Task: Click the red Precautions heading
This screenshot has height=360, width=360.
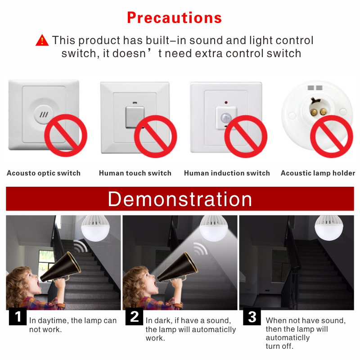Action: [x=174, y=18]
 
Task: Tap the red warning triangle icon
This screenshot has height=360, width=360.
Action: [x=42, y=40]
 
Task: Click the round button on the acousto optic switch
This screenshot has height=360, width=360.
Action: [x=44, y=114]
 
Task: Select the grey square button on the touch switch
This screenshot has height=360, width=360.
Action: [x=135, y=117]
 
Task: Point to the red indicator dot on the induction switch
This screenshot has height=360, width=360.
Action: [x=226, y=103]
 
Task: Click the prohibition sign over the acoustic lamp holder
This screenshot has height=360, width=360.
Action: [x=332, y=136]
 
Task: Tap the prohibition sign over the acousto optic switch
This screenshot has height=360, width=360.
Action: [x=66, y=135]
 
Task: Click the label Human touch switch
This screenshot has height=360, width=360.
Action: [x=135, y=173]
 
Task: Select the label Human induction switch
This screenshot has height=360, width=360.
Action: [x=227, y=173]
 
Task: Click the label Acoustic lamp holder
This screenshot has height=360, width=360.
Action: [x=318, y=173]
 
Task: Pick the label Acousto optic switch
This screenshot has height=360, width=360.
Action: [x=44, y=173]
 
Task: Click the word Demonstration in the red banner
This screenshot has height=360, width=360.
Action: [x=180, y=199]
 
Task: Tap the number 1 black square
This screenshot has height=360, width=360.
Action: [x=18, y=317]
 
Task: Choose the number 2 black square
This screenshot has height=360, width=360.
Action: [x=134, y=317]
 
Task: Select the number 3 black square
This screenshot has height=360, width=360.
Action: [x=252, y=317]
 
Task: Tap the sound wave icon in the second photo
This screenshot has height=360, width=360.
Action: [x=201, y=248]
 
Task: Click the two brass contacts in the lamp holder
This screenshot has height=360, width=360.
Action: [x=318, y=112]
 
